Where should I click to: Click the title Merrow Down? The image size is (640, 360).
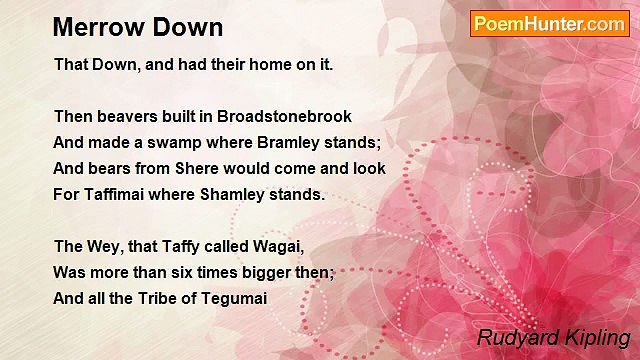pyautogui.click(x=138, y=26)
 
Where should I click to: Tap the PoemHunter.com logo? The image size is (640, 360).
pyautogui.click(x=549, y=24)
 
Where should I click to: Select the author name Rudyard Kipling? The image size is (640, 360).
pyautogui.click(x=553, y=337)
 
